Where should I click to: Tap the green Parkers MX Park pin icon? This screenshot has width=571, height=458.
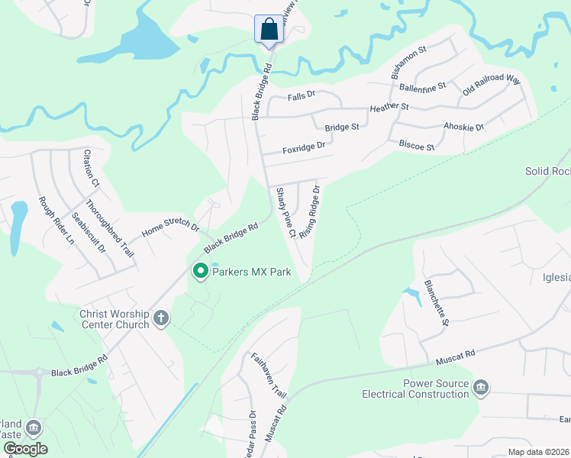point(201,271)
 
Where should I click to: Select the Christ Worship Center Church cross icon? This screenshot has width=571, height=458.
point(160,318)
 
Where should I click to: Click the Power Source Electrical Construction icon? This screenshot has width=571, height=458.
point(481,388)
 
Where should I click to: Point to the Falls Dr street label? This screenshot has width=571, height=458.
point(302,96)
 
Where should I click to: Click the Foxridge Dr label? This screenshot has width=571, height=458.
point(304,146)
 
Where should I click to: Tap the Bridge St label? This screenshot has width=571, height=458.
point(341,127)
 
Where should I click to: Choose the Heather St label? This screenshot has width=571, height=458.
point(389,108)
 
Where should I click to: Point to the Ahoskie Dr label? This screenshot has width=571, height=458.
point(463,127)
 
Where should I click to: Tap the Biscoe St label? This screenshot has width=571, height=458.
point(416,145)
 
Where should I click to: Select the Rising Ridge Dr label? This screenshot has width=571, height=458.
point(309,211)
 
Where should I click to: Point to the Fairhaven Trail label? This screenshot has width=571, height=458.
point(269,376)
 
